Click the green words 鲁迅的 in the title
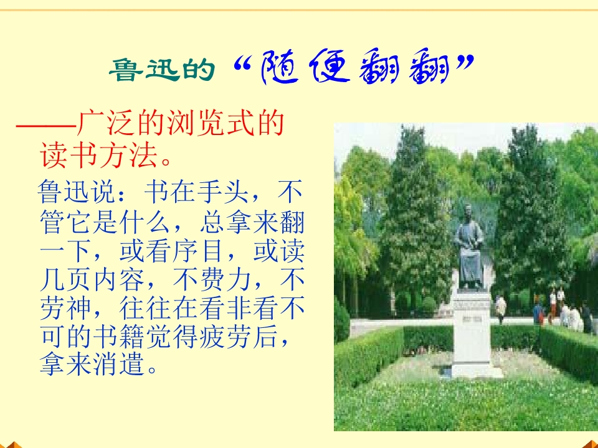[162, 72]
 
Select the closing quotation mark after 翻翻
[463, 62]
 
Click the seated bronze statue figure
[468, 246]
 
